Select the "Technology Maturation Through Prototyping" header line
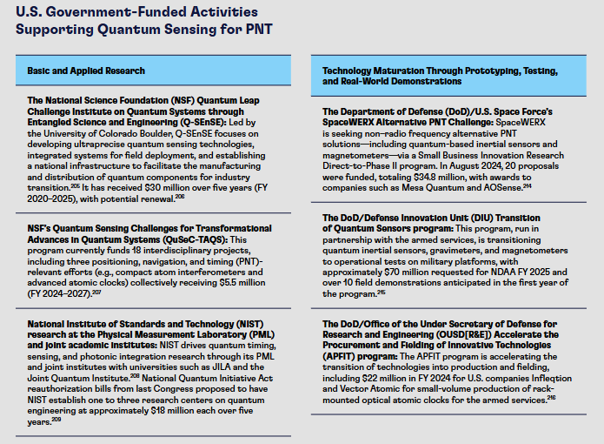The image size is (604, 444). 440,71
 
